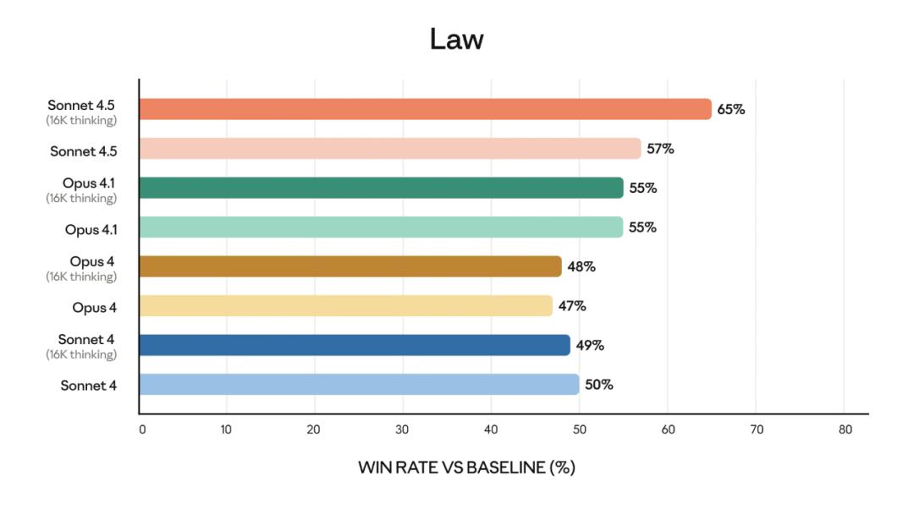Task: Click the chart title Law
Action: point(456,39)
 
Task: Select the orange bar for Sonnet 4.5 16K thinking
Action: point(425,109)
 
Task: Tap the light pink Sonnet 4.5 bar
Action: point(389,149)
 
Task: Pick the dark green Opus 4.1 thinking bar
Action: point(381,188)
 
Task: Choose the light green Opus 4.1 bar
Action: point(381,227)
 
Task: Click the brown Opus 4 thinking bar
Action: point(350,266)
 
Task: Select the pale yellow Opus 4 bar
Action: point(345,306)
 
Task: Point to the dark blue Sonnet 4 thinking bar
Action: point(354,345)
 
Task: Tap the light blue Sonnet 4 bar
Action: point(359,385)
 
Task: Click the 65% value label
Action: point(731,109)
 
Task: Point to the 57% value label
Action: point(660,149)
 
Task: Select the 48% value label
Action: point(581,266)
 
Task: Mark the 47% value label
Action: point(572,306)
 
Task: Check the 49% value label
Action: point(590,345)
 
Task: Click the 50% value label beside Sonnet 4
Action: point(599,385)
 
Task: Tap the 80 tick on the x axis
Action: point(845,429)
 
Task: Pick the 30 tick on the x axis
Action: point(403,429)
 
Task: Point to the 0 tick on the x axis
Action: point(142,429)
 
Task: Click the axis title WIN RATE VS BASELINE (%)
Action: point(466,468)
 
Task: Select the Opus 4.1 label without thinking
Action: point(91,229)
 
